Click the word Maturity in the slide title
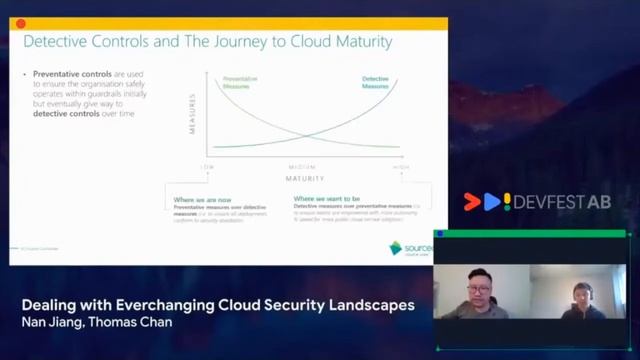tap(356, 42)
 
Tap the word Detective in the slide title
tap(59, 42)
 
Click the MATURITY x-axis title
tap(304, 178)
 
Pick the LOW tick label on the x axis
tap(208, 166)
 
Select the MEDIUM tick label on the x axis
tap(304, 166)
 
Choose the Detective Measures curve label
tap(375, 82)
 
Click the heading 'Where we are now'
tap(204, 198)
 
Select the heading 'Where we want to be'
tap(328, 198)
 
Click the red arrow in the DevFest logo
tap(472, 202)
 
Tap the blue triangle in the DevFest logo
tap(491, 202)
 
